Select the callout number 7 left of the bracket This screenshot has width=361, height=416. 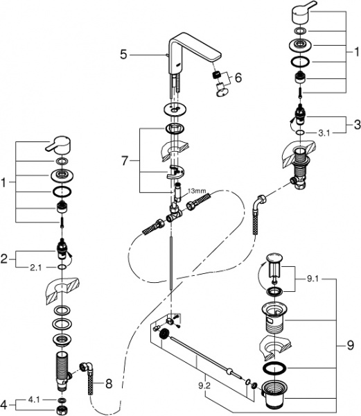coord(124,161)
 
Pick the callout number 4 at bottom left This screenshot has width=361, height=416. coord(5,401)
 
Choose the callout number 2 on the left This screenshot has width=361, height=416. coord(5,258)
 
